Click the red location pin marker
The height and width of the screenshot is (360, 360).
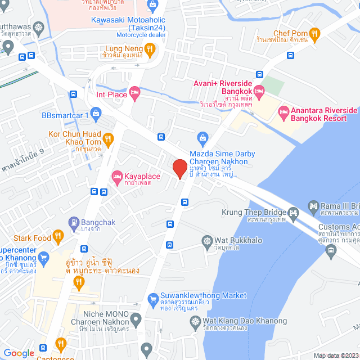point(179,169)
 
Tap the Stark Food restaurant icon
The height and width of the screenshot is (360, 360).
point(57,236)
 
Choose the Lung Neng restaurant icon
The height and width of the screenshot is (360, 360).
point(149,49)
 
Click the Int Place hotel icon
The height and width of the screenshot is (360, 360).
point(134,93)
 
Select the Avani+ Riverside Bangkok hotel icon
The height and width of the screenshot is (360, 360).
point(258,91)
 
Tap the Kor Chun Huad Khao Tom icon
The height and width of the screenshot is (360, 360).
point(109,138)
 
